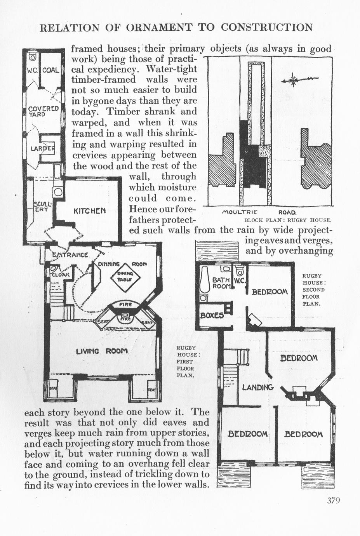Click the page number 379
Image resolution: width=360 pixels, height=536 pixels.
(333, 500)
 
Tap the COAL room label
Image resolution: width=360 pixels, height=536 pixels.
(50, 70)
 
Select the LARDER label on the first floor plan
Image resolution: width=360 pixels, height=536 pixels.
(43, 148)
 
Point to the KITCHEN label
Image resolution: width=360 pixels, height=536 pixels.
(89, 211)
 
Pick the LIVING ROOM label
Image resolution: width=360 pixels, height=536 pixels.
(102, 351)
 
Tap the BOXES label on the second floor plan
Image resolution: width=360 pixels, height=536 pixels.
(212, 315)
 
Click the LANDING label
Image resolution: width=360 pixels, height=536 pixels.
(258, 387)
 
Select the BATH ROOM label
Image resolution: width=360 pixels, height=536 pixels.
(222, 283)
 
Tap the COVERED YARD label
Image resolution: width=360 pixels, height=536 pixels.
(43, 111)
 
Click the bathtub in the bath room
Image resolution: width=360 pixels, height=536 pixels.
(205, 282)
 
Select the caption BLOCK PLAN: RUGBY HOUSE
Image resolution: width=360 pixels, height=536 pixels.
(288, 220)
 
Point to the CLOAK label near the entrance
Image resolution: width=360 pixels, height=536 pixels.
(61, 274)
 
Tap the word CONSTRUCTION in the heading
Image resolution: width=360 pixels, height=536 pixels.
(267, 27)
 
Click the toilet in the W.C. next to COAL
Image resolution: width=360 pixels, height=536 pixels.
(33, 57)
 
